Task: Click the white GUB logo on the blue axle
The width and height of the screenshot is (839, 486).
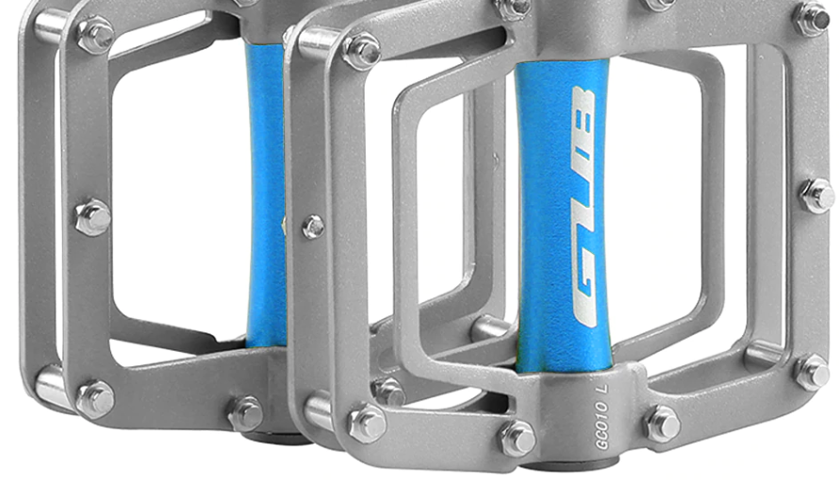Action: pyautogui.click(x=584, y=207)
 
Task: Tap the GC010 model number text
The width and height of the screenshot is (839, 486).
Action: pyautogui.click(x=602, y=426)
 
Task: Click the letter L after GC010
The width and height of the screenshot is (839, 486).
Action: pyautogui.click(x=603, y=388)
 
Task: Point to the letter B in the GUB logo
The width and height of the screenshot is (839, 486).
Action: pyautogui.click(x=584, y=111)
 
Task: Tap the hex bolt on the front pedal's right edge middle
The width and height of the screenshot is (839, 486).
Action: pyautogui.click(x=817, y=195)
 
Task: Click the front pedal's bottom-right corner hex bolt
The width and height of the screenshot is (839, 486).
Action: pyautogui.click(x=812, y=373)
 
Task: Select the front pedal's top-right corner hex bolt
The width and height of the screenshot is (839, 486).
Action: pyautogui.click(x=812, y=19)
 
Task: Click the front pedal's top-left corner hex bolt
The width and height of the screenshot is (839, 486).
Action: pyautogui.click(x=362, y=52)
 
